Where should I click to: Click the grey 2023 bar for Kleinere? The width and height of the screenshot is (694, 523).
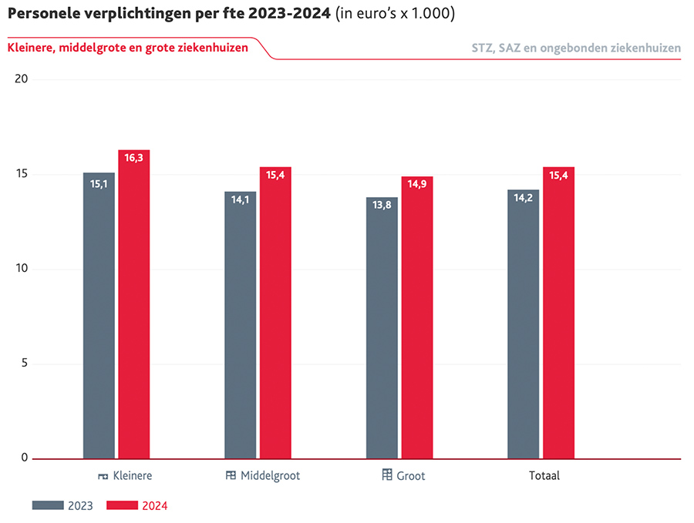(99, 316)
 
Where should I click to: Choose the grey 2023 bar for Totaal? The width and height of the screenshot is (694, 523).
(523, 324)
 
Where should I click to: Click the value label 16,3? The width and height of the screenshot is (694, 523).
(133, 158)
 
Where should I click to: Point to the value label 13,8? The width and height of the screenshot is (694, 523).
(381, 205)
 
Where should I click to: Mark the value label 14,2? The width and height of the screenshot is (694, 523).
(523, 197)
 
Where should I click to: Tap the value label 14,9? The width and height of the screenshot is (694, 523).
(416, 184)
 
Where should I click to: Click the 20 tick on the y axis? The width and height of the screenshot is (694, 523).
(22, 79)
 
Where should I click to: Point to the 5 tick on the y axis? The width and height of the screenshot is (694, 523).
(24, 364)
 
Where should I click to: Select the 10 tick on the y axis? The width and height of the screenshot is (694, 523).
(22, 269)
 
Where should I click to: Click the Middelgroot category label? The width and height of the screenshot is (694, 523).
(270, 476)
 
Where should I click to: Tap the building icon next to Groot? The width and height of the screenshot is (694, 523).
(387, 474)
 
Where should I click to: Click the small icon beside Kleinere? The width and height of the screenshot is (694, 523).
(103, 477)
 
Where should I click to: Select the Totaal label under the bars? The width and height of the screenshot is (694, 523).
(544, 476)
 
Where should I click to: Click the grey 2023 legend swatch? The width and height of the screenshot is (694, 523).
(47, 505)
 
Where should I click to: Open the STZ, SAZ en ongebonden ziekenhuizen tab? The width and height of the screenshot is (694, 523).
(576, 48)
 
